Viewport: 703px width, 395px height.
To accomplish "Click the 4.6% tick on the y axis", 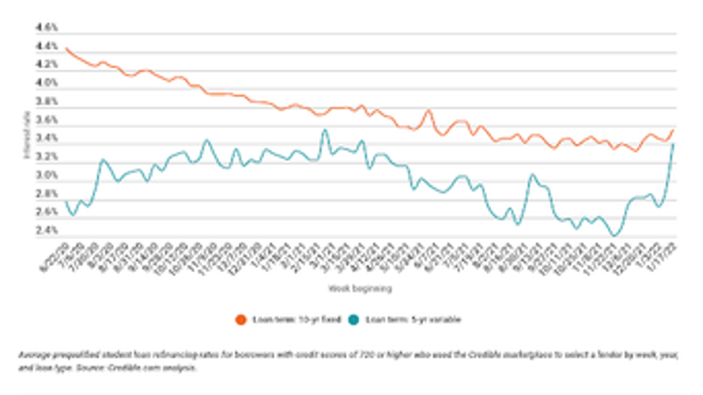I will pos(47,27).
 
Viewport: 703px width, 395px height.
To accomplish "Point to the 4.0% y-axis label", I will pos(47,83).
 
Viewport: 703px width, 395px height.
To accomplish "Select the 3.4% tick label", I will pos(47,139).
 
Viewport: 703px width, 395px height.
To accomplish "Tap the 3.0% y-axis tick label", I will pos(47,176).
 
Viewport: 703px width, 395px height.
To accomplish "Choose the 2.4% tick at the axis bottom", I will pos(47,231).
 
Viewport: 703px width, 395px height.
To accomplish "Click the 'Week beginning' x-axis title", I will pos(360,288).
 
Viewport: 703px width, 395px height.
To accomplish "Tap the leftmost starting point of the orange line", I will pos(66,48).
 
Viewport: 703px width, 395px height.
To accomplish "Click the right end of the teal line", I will pos(673,144).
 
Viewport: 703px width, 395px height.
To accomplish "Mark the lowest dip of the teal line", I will pos(615,236).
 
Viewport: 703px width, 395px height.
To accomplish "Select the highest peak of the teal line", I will pos(325,130).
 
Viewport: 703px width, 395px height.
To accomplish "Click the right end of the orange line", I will pos(673,130).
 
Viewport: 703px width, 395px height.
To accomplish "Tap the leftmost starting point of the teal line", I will pos(66,202).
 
